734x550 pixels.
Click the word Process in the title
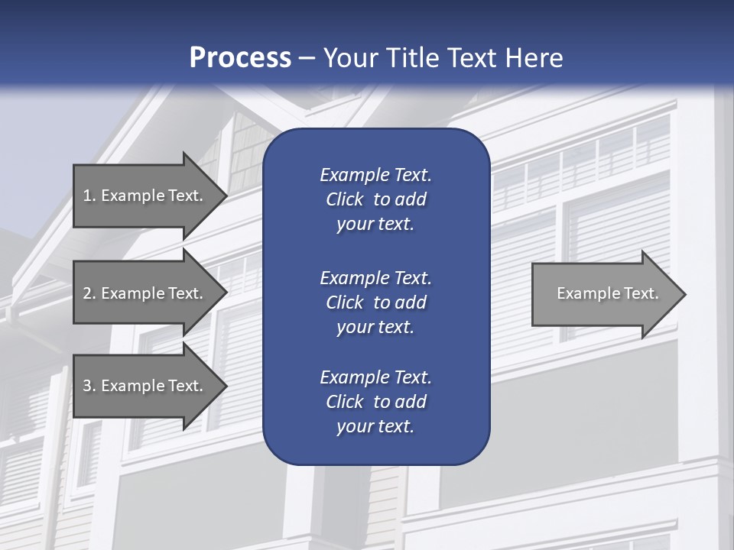click(x=240, y=58)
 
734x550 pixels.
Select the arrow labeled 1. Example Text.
click(x=145, y=196)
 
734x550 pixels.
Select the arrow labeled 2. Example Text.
click(x=145, y=293)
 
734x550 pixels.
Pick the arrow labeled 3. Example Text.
click(x=145, y=386)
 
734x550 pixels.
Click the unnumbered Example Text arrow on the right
click(x=604, y=294)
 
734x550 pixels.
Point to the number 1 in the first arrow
click(x=87, y=196)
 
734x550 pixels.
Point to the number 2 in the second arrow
click(x=87, y=293)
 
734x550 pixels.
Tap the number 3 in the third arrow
click(x=87, y=386)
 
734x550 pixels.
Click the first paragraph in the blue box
click(x=375, y=199)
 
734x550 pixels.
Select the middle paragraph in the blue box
click(x=375, y=302)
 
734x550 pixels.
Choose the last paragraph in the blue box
click(x=375, y=402)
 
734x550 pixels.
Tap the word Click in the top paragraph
click(x=344, y=200)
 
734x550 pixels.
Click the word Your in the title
click(x=349, y=58)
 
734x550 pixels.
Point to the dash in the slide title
click(x=307, y=58)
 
